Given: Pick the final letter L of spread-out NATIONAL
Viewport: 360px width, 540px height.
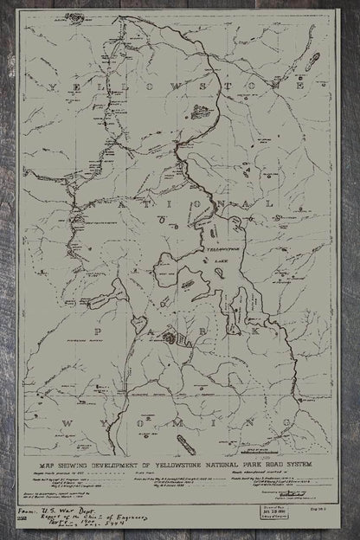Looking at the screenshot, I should [275, 202].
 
